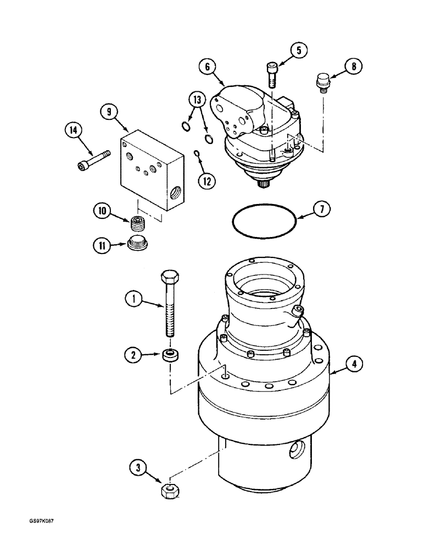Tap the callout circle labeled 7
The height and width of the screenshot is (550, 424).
pyautogui.click(x=322, y=210)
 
